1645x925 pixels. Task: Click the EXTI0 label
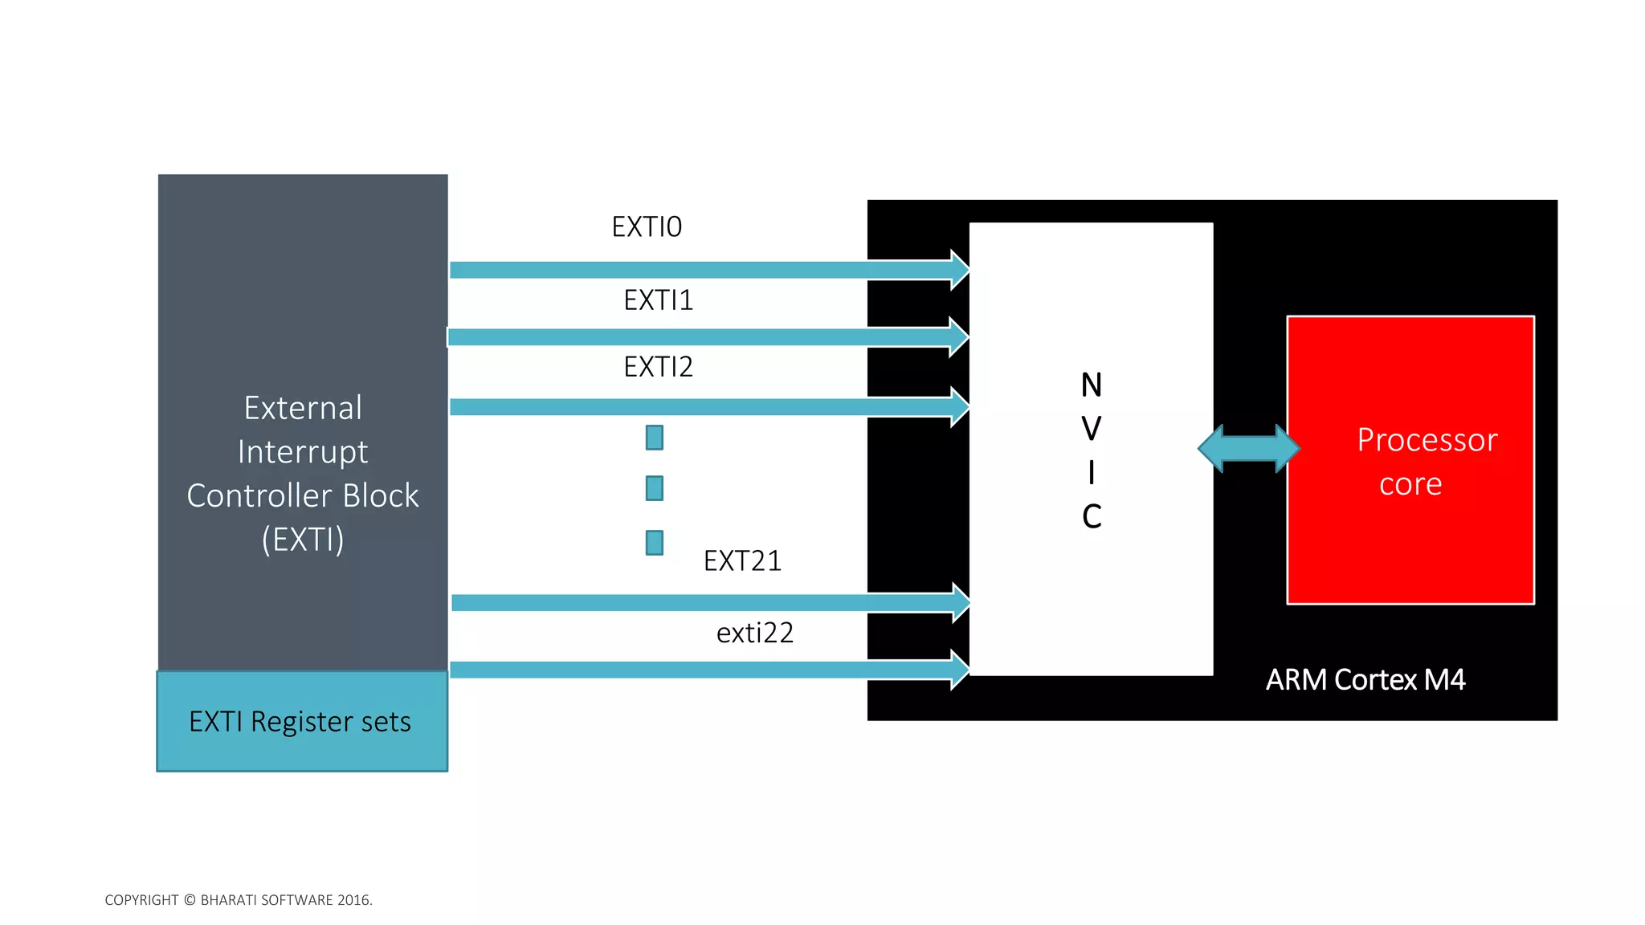(647, 227)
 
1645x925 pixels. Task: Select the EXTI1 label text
(658, 300)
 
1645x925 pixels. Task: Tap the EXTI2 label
(658, 367)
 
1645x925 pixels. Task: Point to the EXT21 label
(742, 560)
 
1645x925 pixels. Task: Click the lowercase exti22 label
(754, 633)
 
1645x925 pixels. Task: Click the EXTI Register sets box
(302, 721)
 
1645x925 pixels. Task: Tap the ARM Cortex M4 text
(1365, 680)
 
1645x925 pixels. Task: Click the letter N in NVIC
(1091, 385)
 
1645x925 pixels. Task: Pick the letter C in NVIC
(1091, 516)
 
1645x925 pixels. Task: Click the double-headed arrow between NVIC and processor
(1248, 448)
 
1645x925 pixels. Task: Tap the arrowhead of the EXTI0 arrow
(960, 270)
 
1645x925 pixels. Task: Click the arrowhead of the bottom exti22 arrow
(960, 670)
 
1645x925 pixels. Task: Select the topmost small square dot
(655, 438)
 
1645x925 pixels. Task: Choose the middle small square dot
(655, 488)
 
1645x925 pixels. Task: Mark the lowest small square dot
(655, 543)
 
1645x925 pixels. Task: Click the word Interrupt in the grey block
(303, 452)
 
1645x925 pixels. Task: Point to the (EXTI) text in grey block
(303, 540)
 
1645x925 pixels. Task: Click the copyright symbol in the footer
(190, 900)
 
